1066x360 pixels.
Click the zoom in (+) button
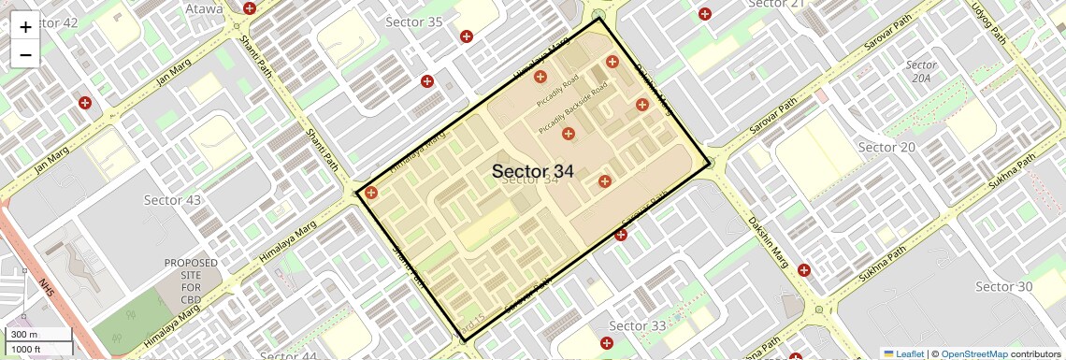(25, 27)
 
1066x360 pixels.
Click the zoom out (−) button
(25, 54)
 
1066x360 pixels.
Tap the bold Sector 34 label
(532, 171)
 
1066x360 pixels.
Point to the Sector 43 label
(172, 200)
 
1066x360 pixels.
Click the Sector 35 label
(414, 22)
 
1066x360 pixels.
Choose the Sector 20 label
(886, 147)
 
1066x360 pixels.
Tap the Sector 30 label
(1003, 286)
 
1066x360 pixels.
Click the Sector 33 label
(638, 325)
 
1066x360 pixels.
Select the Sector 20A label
(921, 72)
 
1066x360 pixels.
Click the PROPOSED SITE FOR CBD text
(191, 281)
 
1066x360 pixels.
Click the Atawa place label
(204, 9)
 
